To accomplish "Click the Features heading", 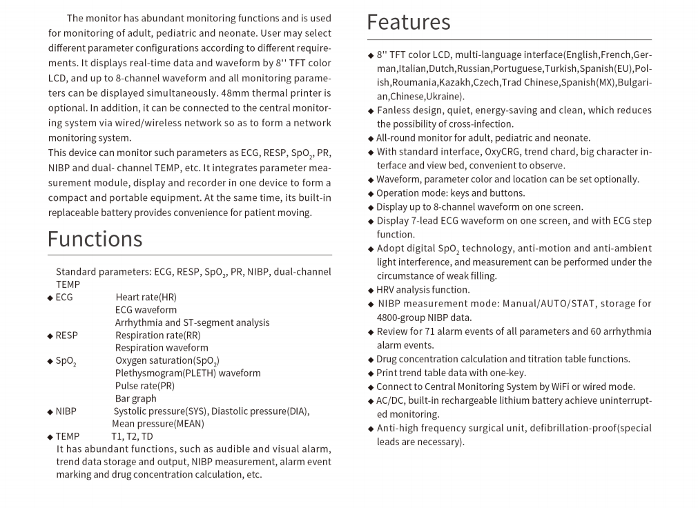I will click(408, 22).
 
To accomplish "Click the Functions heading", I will click(95, 239).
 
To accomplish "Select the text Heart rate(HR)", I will click(146, 297).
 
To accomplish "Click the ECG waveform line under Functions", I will click(146, 310).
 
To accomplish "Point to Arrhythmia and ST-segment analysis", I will click(192, 322).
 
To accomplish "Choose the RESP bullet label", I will click(66, 335).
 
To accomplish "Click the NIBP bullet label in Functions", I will click(66, 411).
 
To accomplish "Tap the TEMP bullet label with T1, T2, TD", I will click(67, 436).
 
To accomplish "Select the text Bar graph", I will click(135, 398).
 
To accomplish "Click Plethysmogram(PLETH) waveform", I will click(188, 373).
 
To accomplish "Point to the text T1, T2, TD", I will click(132, 436).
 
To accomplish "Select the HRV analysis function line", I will click(423, 290).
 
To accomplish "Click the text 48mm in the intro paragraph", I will click(233, 93).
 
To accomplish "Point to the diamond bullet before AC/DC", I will click(371, 401).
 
